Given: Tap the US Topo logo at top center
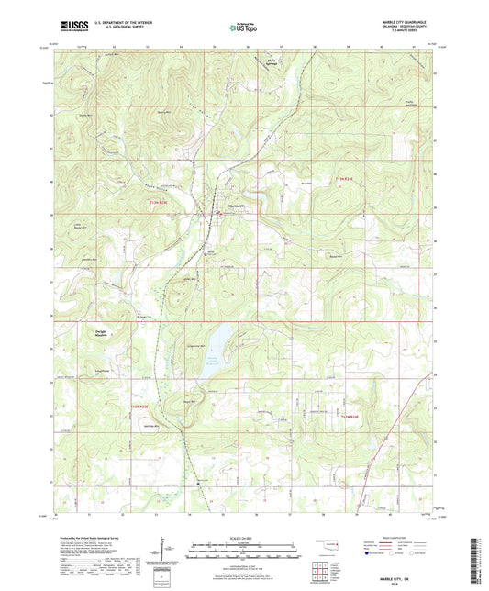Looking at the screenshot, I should [x=243, y=28].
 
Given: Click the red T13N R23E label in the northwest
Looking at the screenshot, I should [x=160, y=200].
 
